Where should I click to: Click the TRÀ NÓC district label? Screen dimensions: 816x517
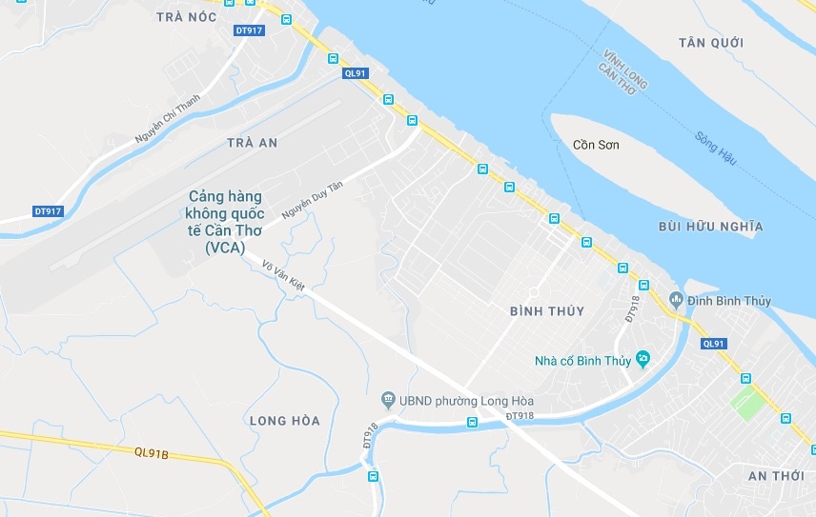[186, 17]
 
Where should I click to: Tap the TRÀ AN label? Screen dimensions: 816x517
[253, 143]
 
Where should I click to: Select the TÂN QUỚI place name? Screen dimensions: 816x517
[711, 43]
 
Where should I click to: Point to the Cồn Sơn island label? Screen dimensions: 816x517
[596, 145]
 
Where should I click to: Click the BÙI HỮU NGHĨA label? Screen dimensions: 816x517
[711, 227]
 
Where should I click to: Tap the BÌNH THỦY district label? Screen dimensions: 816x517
[547, 311]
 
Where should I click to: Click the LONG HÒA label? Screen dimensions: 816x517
[284, 421]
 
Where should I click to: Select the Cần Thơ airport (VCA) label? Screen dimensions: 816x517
[225, 222]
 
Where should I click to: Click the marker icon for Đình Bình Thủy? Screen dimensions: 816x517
[676, 301]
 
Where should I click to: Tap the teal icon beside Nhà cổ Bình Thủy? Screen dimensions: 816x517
[643, 359]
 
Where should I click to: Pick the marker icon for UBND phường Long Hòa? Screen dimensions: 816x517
[388, 398]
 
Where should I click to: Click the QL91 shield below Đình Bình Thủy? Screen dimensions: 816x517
[713, 344]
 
